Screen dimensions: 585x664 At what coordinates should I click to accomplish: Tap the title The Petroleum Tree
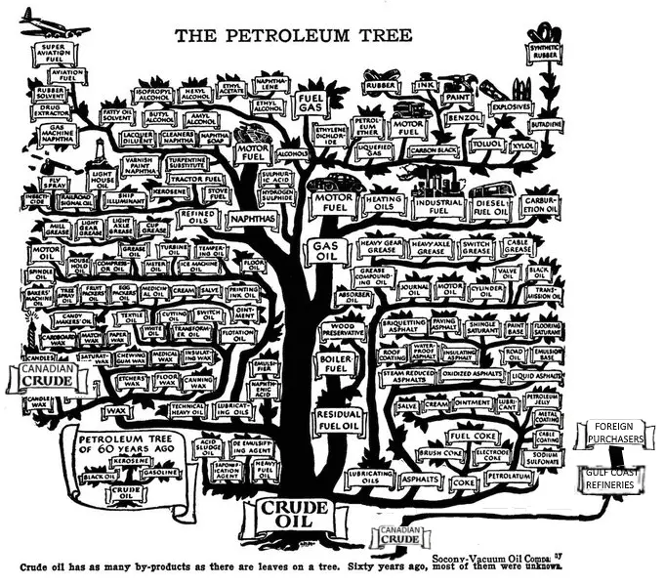click(293, 36)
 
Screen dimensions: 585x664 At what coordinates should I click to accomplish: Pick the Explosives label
click(511, 104)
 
